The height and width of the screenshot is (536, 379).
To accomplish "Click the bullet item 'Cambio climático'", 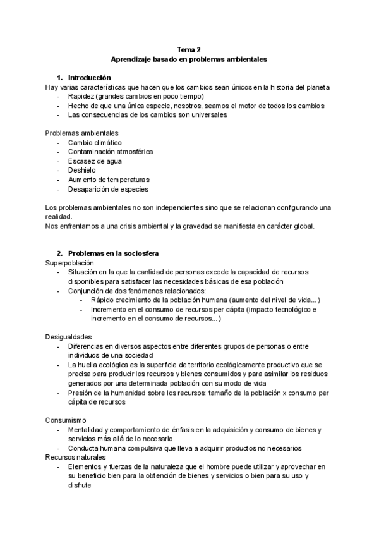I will (95, 143).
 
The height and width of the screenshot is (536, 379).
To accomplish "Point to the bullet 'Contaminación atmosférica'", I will (110, 152).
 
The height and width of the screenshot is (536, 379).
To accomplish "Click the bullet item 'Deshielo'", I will (82, 170).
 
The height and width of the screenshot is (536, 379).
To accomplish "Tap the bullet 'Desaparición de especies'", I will (109, 189).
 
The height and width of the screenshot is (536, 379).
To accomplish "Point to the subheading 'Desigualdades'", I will (68, 337).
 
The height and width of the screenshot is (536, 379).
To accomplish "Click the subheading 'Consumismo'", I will (66, 420).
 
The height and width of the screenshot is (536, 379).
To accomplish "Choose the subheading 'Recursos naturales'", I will (76, 457).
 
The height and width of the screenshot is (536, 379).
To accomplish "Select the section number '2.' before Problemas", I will (60, 253).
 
